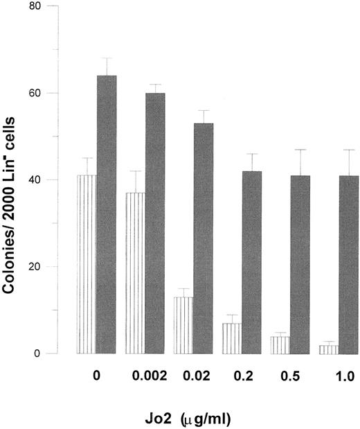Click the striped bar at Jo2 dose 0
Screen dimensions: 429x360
point(87,264)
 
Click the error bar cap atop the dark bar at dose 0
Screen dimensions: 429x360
point(106,58)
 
